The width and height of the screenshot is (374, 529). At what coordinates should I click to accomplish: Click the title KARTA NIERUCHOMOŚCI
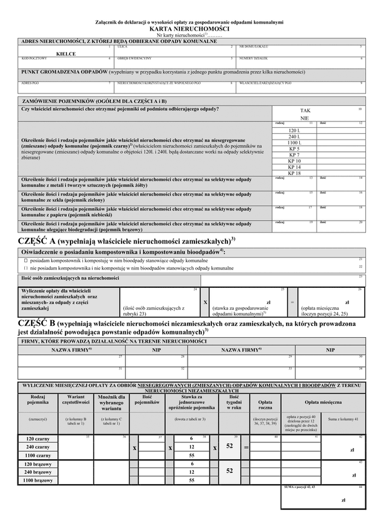(x=189, y=29)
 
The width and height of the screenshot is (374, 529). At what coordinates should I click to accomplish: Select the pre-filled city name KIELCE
(x=65, y=54)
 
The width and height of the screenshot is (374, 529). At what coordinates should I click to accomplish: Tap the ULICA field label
(x=123, y=47)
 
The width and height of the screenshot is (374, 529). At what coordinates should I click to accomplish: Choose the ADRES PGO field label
(x=30, y=82)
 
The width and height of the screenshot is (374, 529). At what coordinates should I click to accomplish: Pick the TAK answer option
(x=305, y=110)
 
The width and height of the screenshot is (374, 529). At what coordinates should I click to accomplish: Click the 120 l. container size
(x=294, y=130)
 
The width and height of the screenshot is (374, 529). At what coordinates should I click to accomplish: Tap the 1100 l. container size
(x=294, y=143)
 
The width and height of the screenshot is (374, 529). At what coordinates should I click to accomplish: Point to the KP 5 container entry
(x=294, y=149)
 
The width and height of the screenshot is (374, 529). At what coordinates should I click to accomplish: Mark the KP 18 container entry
(x=294, y=173)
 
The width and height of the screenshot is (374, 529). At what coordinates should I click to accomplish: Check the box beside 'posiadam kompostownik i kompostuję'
(x=26, y=260)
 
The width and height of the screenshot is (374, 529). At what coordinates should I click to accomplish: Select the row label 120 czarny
(x=38, y=439)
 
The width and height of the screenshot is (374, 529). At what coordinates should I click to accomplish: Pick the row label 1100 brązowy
(x=38, y=480)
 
